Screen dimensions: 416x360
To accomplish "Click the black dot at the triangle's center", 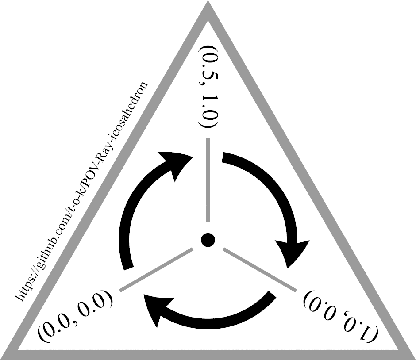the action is point(207,240).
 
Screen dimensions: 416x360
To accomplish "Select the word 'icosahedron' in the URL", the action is point(133,105).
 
